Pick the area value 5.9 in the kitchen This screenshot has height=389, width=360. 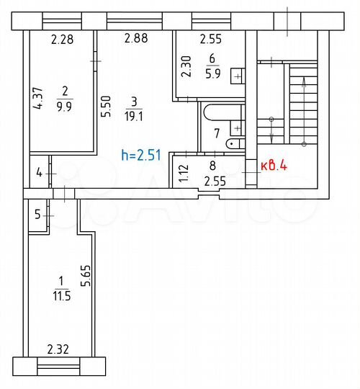(212, 72)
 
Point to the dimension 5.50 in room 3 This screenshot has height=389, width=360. (106, 107)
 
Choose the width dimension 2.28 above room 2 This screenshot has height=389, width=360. (63, 39)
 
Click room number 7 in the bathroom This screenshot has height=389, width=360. (216, 133)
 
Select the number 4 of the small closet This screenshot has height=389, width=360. (38, 174)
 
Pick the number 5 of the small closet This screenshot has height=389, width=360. (37, 213)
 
